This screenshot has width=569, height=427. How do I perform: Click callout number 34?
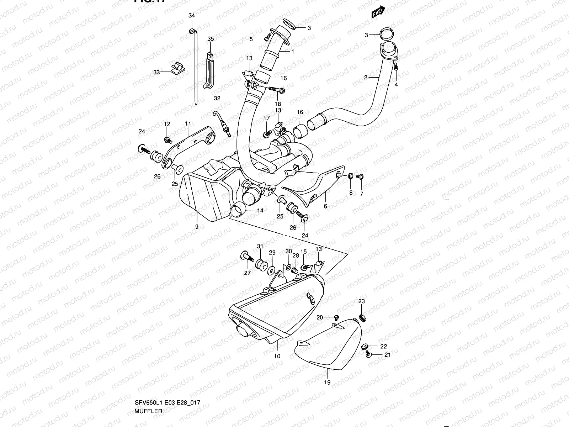coord(191,15)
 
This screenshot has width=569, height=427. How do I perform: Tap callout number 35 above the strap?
coord(211,39)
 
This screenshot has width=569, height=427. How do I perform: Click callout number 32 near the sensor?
coord(217,98)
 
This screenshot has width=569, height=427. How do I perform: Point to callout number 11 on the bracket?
coord(188,123)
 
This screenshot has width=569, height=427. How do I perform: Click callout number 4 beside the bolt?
coord(396,84)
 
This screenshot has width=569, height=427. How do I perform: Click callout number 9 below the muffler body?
coord(197,226)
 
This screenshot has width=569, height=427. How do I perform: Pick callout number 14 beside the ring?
coord(260,211)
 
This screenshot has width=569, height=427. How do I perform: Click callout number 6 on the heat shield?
coord(325,206)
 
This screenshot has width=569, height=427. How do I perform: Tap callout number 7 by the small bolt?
coord(361,194)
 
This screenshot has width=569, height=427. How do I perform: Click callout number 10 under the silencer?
coord(277,356)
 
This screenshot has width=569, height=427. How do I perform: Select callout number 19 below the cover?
coord(327,383)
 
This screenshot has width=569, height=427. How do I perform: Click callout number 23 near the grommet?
coord(361,301)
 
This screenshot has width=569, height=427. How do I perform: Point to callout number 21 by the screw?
coord(387,355)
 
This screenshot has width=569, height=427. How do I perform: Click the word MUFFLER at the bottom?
coord(148,411)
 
